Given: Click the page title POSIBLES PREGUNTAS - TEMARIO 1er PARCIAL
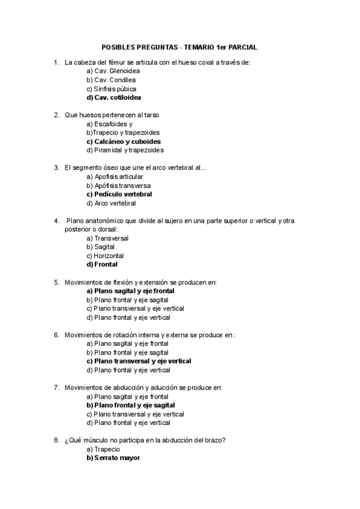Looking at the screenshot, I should click(181, 46).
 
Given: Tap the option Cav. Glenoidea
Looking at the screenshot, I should click(113, 71).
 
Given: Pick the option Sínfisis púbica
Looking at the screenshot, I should click(111, 88).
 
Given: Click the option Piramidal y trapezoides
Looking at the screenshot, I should click(125, 150).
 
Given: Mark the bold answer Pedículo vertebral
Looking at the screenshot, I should click(119, 194).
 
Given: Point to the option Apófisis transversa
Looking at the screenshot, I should click(118, 185).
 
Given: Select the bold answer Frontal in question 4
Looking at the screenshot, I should click(102, 264).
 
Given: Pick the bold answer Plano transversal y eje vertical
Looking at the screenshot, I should click(139, 361).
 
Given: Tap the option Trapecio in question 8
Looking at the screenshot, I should click(103, 449).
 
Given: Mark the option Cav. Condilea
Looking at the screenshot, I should click(111, 80).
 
